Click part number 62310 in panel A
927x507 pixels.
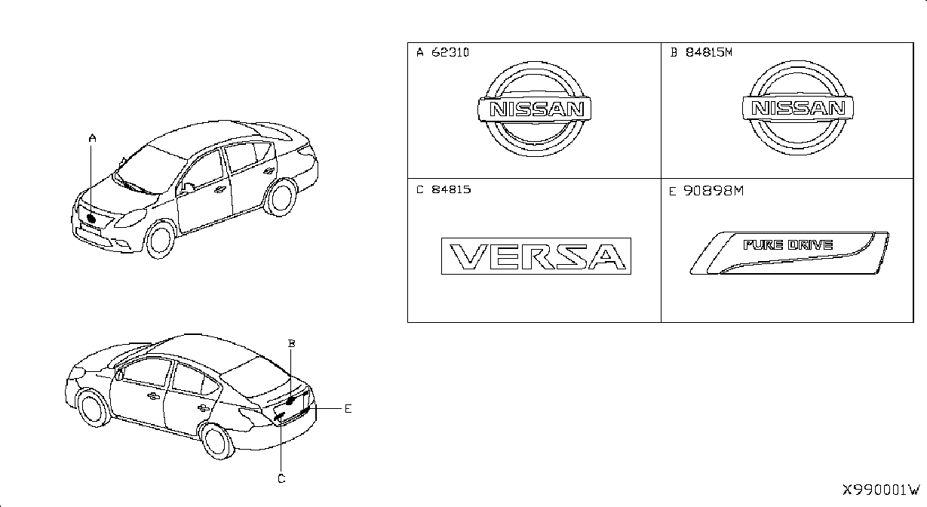tap(450, 53)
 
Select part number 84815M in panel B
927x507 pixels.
tap(709, 52)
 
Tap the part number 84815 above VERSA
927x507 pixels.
tap(451, 189)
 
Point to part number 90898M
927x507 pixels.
tap(714, 191)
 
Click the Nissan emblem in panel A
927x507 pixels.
tap(535, 109)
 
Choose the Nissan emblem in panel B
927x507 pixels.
tap(798, 108)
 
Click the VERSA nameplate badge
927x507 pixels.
tap(536, 257)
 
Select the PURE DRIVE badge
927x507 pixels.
tap(789, 253)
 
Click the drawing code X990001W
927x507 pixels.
tap(881, 490)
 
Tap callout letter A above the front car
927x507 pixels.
tap(93, 138)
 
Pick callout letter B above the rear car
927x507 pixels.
tap(292, 343)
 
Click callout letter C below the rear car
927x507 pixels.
tap(281, 479)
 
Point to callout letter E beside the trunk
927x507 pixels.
tap(348, 409)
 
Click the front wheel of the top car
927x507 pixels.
tap(159, 240)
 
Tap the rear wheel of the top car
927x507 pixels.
tap(280, 197)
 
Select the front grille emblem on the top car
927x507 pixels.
tap(91, 219)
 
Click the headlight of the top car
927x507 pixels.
tap(130, 218)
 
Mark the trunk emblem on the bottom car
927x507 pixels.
tap(290, 401)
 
